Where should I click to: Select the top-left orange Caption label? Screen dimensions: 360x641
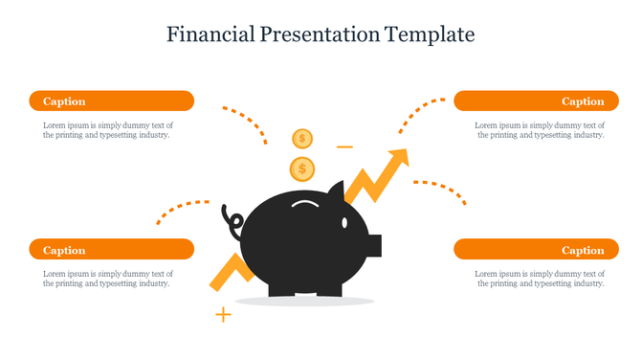point(111,101)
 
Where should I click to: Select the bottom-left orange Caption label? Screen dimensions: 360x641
point(111,250)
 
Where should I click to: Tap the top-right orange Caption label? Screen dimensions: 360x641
point(530,101)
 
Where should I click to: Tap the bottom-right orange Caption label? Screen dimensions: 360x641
point(530,250)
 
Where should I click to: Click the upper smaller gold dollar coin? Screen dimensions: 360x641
point(302,139)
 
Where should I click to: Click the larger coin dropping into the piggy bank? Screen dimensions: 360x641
point(302,170)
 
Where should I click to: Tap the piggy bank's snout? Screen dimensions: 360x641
point(374,245)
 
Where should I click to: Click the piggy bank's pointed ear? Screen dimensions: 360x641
point(334,189)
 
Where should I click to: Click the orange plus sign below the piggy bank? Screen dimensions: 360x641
point(223,314)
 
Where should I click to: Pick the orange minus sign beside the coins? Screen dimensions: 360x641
point(344,147)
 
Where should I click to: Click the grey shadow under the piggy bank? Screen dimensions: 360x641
point(304,302)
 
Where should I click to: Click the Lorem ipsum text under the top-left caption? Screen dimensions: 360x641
point(107,130)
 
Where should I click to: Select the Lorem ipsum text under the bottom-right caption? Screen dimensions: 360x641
point(540,279)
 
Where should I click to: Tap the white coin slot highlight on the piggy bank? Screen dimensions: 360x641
point(306,204)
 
